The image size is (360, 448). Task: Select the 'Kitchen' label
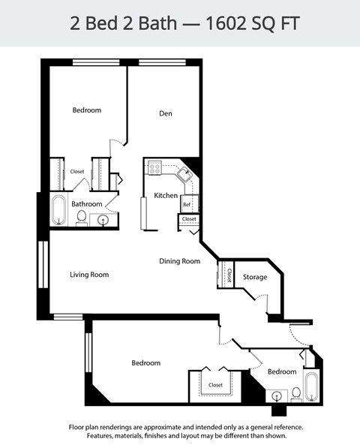coord(166,196)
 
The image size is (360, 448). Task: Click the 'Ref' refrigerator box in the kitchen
coord(187,204)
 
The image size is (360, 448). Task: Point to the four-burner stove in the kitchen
coord(154,169)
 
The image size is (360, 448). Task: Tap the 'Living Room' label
coord(89,275)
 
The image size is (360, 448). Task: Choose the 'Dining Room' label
coord(179,261)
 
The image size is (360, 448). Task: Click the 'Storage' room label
coord(254,277)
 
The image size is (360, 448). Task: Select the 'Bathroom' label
coord(86,204)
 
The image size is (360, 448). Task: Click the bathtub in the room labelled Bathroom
coord(59,211)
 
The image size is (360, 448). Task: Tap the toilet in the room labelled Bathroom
coord(81,218)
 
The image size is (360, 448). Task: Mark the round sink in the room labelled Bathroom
coord(103,220)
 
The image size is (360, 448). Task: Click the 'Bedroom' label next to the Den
coord(86,110)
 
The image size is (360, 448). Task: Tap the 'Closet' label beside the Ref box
coord(189,219)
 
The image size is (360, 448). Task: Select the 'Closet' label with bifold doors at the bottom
coord(215,385)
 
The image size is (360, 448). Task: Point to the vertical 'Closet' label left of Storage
coord(229,275)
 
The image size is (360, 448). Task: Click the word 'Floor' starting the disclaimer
coord(78,426)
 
